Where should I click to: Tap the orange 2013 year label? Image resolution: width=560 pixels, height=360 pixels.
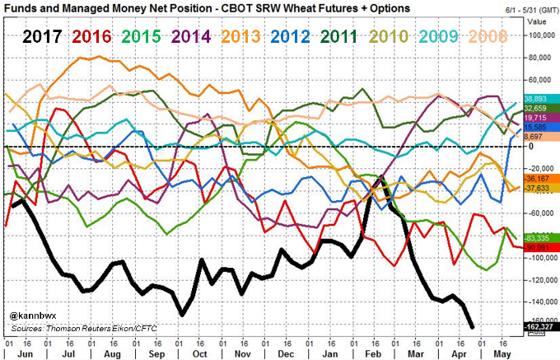(245, 37)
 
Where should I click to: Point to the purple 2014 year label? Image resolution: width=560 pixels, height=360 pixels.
(194, 37)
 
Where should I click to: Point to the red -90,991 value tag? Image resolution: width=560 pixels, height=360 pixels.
(537, 246)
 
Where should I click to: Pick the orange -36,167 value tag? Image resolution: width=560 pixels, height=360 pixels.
(537, 179)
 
